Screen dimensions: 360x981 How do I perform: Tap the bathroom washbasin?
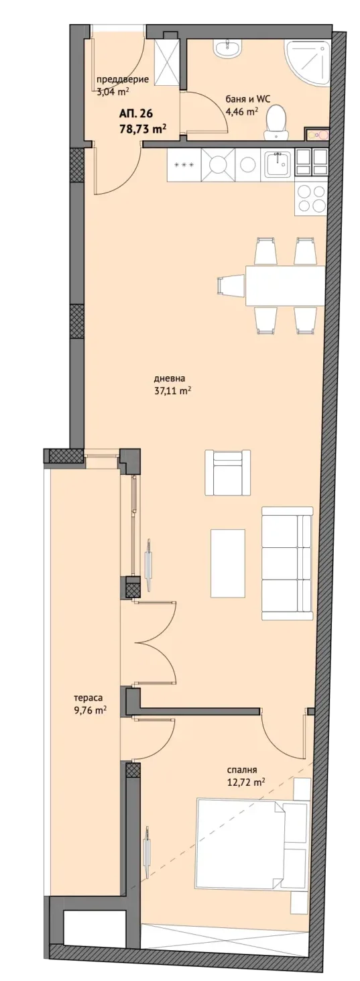227,48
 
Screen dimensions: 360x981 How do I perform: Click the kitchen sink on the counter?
279,164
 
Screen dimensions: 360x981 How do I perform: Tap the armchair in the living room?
228,472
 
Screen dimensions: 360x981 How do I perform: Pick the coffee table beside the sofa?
227,563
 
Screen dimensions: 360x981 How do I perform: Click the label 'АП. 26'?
136,114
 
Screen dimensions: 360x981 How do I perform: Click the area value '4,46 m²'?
241,111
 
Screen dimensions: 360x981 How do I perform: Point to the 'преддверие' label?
123,79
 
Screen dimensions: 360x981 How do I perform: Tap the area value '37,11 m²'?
172,390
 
